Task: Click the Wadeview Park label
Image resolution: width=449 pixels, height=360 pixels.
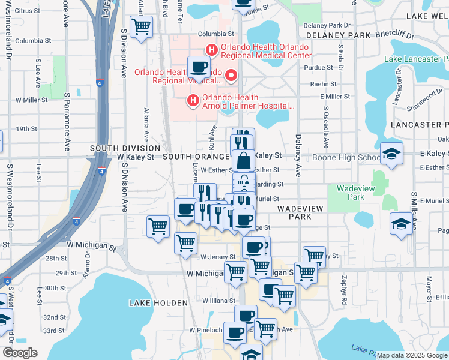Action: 351,192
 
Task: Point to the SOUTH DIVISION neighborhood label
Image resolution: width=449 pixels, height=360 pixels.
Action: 125,148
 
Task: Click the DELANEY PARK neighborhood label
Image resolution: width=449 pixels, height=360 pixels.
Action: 339,35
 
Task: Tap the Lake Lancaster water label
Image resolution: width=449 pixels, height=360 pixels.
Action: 416,59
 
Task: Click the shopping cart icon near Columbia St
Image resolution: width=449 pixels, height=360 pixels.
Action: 142,26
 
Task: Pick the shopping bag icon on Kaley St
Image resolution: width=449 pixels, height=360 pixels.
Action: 244,161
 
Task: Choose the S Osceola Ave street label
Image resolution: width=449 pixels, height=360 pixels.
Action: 326,128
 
